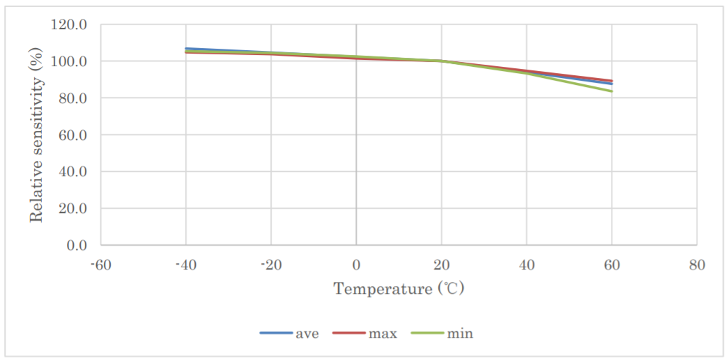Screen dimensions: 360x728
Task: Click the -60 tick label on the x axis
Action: coord(101,265)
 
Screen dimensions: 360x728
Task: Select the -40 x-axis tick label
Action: coord(186,265)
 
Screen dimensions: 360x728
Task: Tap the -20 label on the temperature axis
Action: coord(271,265)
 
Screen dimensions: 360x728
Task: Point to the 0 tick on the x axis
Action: coord(356,265)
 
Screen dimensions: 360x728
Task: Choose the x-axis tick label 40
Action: coord(527,265)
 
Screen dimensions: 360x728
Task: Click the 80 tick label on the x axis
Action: coord(697,265)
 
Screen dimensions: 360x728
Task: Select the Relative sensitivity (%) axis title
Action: coord(36,135)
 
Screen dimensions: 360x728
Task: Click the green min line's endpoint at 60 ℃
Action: coord(612,91)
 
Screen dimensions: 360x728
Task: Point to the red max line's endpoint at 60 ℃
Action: coord(612,81)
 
